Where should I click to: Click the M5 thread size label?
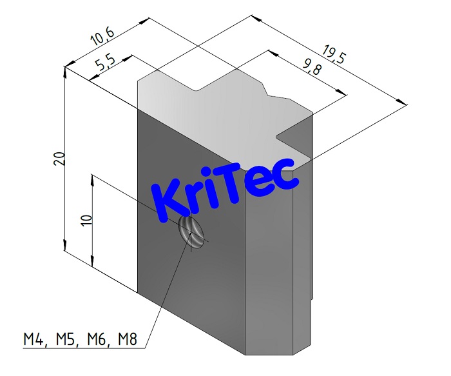click(x=66, y=339)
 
